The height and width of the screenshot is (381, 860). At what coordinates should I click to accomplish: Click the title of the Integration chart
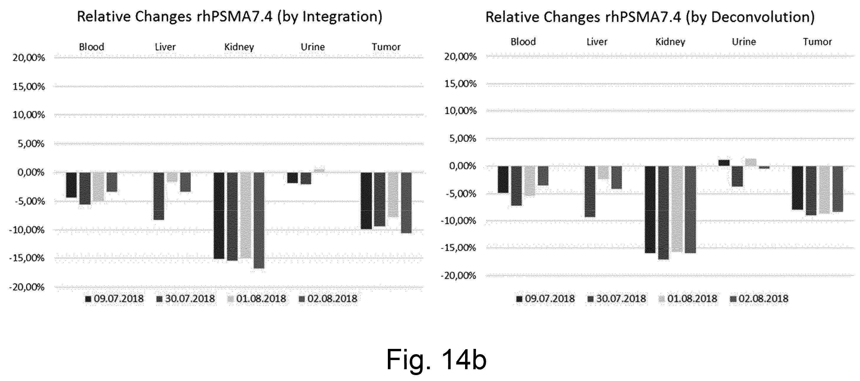click(x=230, y=17)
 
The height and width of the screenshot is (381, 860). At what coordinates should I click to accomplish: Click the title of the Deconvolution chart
click(x=650, y=17)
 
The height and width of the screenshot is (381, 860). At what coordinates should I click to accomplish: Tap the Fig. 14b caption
click(x=436, y=359)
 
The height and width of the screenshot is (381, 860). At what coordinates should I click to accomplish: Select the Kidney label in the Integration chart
click(x=239, y=47)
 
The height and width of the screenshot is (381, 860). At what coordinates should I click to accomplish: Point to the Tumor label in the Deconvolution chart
click(x=817, y=42)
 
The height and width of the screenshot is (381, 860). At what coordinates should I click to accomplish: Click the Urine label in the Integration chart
click(x=312, y=47)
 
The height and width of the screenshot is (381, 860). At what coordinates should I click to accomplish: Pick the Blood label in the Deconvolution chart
click(x=523, y=42)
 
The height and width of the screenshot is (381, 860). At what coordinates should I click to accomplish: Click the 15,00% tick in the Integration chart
click(x=29, y=87)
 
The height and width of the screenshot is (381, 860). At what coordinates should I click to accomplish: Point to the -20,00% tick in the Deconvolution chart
click(x=458, y=276)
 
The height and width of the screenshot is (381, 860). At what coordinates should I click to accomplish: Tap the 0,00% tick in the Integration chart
click(x=31, y=173)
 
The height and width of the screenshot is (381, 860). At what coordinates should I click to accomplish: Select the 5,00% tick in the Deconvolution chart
click(x=463, y=138)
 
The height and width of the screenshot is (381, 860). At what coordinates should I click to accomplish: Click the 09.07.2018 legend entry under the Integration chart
click(x=115, y=298)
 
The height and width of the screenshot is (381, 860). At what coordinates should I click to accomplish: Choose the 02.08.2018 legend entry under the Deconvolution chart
click(x=759, y=298)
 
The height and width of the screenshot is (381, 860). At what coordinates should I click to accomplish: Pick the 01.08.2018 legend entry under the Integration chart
click(x=257, y=298)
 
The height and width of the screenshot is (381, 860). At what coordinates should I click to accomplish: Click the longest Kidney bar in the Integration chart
click(x=259, y=220)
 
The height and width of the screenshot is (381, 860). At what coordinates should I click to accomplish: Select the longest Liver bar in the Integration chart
click(x=159, y=196)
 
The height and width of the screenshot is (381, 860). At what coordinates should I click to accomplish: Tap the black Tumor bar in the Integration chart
click(x=366, y=201)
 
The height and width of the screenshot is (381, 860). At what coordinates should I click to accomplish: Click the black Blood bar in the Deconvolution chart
click(x=503, y=179)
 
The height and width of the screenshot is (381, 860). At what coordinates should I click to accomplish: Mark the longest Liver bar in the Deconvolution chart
click(x=590, y=191)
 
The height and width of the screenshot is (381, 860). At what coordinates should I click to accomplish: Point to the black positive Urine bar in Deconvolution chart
click(x=724, y=163)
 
